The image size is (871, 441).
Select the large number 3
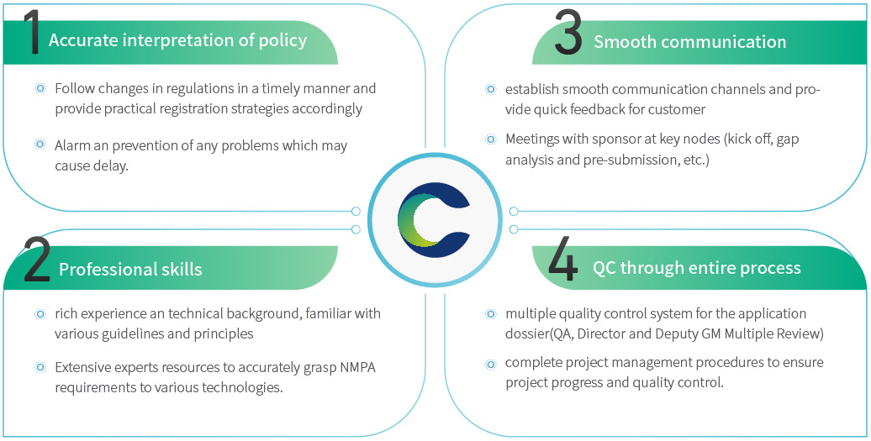coord(567,34)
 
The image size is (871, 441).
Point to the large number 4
coord(562,260)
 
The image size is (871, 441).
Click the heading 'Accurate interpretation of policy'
coord(177,40)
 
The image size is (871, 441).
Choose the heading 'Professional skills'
coord(130,269)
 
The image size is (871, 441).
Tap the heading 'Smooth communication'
coord(689,42)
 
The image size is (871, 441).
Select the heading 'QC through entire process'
coord(696,268)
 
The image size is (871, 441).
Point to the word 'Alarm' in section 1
coord(73,145)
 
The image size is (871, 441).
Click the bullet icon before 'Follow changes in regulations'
coord(40,88)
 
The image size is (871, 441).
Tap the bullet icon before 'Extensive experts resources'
coord(40,367)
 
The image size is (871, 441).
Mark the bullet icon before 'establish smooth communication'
coord(490,89)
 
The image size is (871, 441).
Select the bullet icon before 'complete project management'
coord(490,363)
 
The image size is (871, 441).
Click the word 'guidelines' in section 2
coord(133,333)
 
